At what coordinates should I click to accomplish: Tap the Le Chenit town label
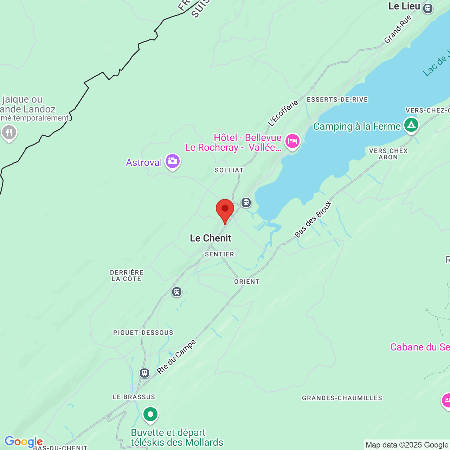coord(211,238)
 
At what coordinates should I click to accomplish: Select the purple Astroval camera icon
coord(173,161)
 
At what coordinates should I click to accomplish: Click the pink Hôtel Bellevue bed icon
coord(292,141)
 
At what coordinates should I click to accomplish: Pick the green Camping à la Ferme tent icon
coord(411,125)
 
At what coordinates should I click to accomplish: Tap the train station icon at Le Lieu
coord(428,8)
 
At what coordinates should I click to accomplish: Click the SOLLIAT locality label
coord(229,170)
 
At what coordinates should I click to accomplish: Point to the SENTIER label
coord(219,254)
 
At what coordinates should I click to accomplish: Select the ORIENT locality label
coord(247,282)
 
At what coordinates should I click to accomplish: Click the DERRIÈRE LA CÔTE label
coord(127,276)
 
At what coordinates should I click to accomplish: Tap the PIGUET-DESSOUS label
coord(143,333)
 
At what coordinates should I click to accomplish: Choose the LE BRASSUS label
coord(134,397)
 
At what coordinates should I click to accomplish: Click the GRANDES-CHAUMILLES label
coord(342,398)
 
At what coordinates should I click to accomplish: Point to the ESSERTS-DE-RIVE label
coord(337,99)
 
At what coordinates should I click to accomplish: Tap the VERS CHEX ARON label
coord(388,154)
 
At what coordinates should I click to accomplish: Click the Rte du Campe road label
coord(176,357)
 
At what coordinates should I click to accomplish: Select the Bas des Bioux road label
coord(313,219)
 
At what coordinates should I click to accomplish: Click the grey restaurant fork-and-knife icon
coord(9,133)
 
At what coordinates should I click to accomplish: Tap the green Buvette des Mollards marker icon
coord(150,414)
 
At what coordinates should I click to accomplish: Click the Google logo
coord(24,442)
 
